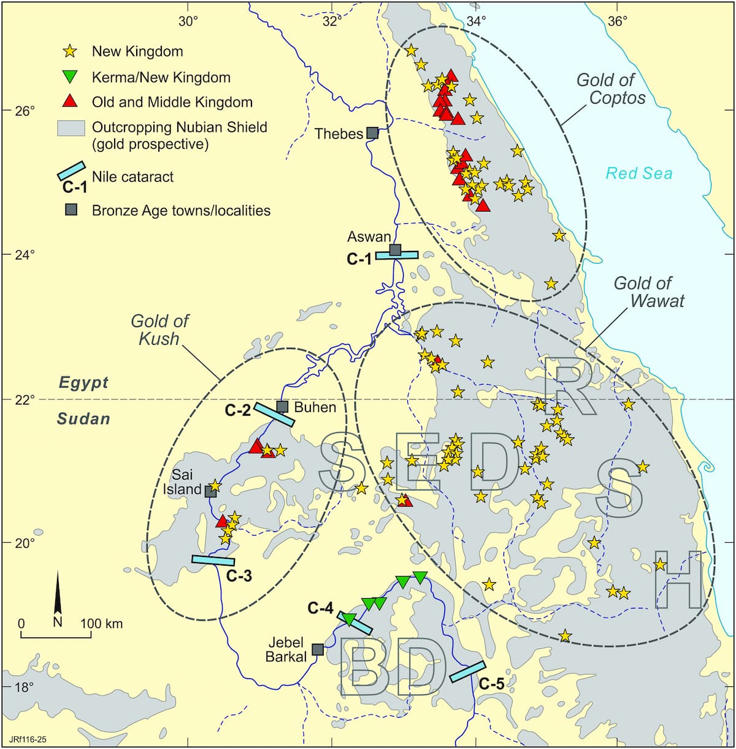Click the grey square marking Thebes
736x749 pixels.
click(372, 133)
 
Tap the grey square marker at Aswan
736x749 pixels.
click(396, 250)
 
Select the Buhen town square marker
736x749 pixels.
click(282, 407)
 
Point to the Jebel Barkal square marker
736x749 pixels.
click(318, 649)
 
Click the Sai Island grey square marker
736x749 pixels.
click(210, 491)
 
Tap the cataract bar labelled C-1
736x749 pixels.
click(397, 255)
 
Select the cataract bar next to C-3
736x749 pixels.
click(213, 560)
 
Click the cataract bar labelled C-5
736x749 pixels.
click(468, 672)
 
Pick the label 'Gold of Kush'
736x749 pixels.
click(159, 330)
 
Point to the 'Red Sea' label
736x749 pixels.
click(639, 174)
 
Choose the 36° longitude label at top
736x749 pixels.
click(618, 21)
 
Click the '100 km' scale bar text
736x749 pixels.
click(101, 624)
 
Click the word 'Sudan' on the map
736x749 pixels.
click(83, 419)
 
